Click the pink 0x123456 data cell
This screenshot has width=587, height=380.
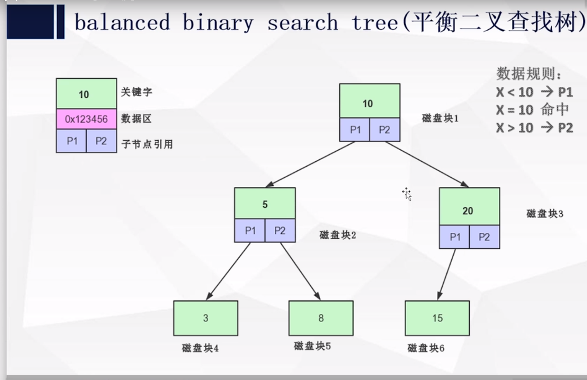pos(86,119)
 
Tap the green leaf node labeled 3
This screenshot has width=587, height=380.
pos(205,318)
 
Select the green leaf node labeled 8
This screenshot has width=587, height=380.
pos(321,318)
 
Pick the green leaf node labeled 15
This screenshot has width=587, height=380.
pos(437,318)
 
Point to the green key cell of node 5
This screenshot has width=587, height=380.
pos(265,203)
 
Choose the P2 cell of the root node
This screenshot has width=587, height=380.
pos(384,130)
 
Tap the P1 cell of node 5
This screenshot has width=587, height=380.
pos(250,231)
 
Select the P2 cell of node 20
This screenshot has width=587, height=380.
pos(484,237)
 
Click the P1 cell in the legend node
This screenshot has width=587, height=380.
pos(72,141)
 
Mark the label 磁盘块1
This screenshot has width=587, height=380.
pos(440,118)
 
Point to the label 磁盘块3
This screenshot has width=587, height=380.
pos(545,214)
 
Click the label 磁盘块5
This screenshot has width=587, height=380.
pos(312,346)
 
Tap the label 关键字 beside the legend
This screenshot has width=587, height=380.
pos(137,92)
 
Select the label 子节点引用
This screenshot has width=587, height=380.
pos(147,144)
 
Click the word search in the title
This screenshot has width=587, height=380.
pos(302,23)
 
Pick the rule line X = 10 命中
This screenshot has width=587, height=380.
pos(532,110)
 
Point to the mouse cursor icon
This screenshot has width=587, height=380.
pos(408,194)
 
